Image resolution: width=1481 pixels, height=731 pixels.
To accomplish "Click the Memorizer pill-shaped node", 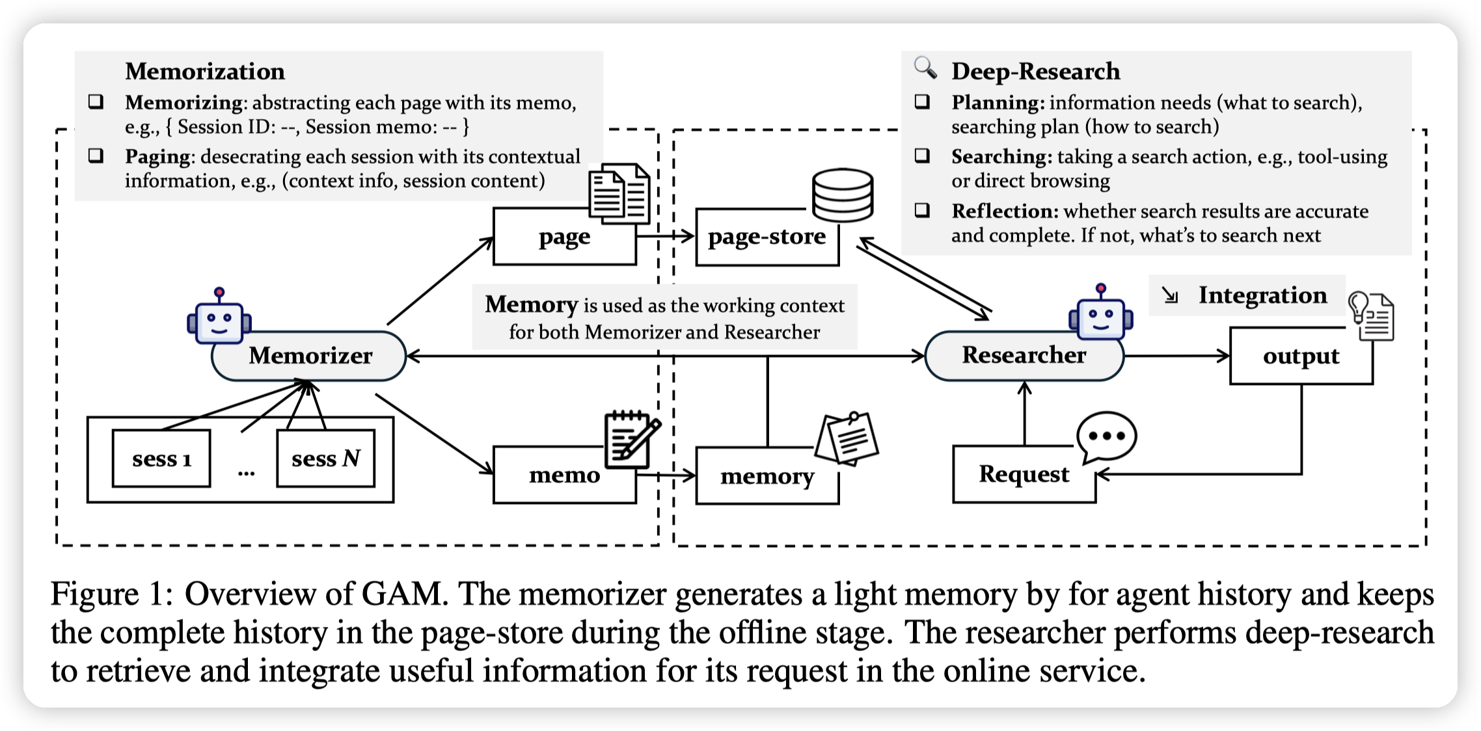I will click(308, 356).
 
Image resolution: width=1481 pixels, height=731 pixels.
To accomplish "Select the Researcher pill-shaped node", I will click(1024, 356).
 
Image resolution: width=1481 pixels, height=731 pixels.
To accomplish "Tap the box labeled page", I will click(564, 237).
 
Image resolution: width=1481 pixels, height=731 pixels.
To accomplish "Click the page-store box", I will click(767, 237).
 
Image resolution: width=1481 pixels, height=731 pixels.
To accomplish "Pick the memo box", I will click(564, 475).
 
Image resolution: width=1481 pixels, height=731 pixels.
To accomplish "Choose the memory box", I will click(767, 477).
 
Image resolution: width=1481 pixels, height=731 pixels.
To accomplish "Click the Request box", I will click(1024, 474).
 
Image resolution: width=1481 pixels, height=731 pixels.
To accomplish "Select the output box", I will click(1301, 356).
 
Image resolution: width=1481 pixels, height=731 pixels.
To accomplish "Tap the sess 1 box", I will click(161, 459).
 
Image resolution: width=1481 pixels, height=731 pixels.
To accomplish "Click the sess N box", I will click(325, 459).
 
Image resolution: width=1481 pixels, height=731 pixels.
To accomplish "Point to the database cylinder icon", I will click(843, 194).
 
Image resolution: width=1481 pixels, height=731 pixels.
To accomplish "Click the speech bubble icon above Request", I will click(1106, 436).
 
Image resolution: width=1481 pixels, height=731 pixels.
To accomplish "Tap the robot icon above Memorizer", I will click(219, 317).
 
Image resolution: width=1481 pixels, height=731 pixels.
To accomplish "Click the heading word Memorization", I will click(205, 71).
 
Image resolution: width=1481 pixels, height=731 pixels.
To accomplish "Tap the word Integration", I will click(1262, 295).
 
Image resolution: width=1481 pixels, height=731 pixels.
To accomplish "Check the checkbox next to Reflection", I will click(922, 210).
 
